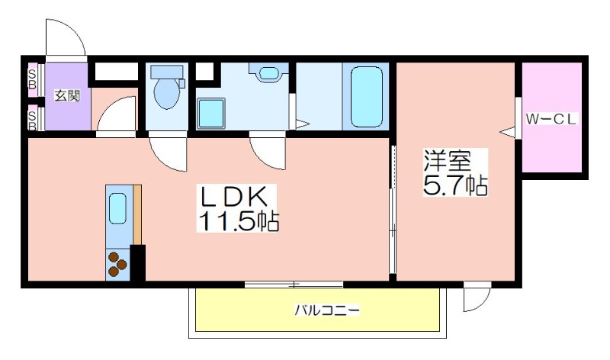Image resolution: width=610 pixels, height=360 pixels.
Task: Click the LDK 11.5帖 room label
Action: [238, 209]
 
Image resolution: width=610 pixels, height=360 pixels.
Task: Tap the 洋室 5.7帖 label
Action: [455, 172]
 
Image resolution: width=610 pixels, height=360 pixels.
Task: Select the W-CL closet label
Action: [551, 119]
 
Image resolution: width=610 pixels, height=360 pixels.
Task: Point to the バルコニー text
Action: [327, 310]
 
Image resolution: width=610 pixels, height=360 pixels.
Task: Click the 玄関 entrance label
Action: [67, 95]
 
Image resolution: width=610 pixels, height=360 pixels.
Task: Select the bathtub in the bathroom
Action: [367, 97]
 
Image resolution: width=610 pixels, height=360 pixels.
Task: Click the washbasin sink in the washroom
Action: [269, 72]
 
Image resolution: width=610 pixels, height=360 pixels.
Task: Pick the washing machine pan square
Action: [211, 113]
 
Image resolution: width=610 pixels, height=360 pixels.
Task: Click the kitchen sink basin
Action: [117, 209]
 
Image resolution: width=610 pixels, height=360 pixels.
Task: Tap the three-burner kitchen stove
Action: [117, 264]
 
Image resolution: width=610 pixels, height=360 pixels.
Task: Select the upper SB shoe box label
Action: [33, 79]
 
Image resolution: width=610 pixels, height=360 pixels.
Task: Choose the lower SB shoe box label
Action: [33, 121]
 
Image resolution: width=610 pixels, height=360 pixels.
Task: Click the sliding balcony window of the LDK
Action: [294, 284]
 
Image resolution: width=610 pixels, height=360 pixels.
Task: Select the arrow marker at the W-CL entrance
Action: [507, 132]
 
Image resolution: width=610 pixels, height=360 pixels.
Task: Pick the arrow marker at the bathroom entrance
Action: [303, 124]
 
